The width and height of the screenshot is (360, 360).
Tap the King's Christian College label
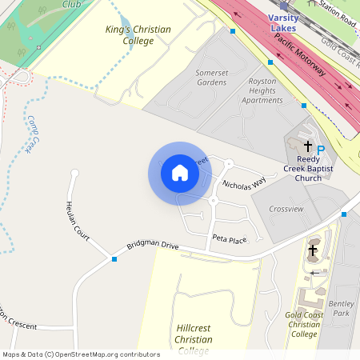(x=138, y=35)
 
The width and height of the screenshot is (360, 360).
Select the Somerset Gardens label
(x=211, y=77)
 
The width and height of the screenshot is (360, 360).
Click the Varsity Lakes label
(x=282, y=22)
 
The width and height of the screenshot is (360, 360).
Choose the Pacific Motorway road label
(x=298, y=54)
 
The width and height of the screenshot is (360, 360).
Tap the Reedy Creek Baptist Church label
(x=308, y=173)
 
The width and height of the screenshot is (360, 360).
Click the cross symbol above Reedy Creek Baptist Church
(x=307, y=146)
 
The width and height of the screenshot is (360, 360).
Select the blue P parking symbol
(x=321, y=150)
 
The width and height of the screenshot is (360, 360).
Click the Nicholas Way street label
(x=244, y=185)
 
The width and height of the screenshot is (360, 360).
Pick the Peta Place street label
(x=230, y=238)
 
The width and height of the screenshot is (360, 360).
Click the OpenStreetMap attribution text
(x=81, y=354)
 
